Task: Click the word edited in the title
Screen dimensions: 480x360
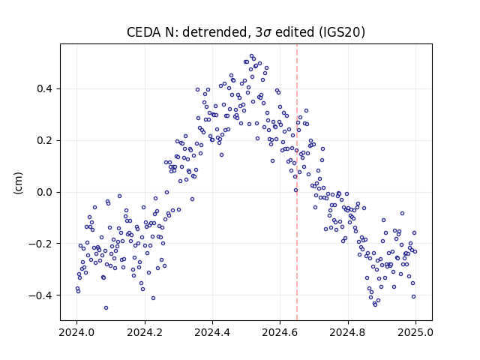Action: pos(295,32)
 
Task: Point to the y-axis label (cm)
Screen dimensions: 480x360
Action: pos(18,183)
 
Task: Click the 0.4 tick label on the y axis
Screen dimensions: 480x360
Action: pos(44,89)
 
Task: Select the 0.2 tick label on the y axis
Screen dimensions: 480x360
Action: pos(44,141)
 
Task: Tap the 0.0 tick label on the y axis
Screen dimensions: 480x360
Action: pos(44,193)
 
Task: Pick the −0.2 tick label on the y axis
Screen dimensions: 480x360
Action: pos(40,244)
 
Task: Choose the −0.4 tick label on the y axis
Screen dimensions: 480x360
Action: pos(40,295)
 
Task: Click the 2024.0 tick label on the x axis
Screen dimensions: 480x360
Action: pos(76,332)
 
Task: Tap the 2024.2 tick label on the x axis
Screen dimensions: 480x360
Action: pos(145,332)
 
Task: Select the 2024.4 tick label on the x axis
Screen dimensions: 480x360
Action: pos(212,332)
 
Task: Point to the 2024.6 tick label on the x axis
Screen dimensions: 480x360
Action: pos(280,332)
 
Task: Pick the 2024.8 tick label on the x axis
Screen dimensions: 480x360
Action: pos(348,332)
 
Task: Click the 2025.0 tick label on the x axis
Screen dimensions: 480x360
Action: pos(415,332)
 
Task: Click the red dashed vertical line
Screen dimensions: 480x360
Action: pos(297,182)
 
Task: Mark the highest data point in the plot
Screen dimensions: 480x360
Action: pos(252,56)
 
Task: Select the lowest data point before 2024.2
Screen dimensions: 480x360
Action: pos(106,307)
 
